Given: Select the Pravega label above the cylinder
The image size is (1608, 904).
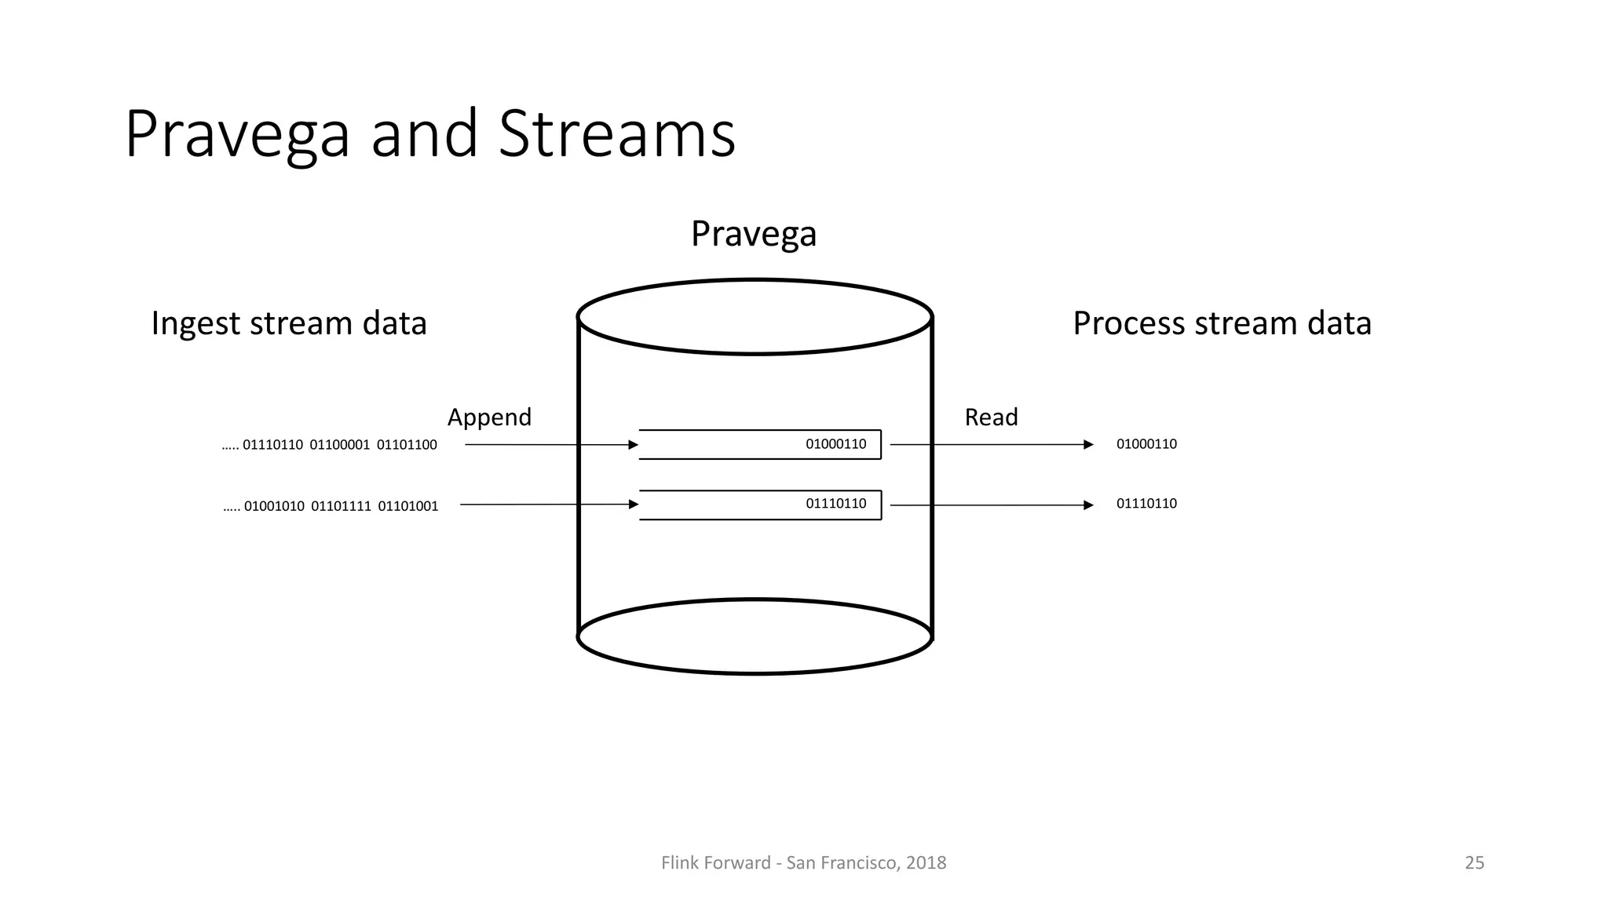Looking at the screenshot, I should [x=753, y=234].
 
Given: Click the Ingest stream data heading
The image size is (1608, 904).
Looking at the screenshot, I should [x=288, y=323].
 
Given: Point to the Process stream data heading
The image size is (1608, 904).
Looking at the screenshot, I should [x=1222, y=323].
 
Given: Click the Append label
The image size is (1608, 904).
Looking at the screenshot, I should [x=489, y=417].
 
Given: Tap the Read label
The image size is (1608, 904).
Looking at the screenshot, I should [x=991, y=417].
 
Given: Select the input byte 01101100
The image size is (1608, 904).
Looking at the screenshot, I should [x=407, y=445].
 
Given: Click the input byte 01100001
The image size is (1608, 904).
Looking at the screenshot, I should [x=339, y=445].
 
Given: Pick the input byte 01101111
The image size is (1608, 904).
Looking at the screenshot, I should [x=341, y=506].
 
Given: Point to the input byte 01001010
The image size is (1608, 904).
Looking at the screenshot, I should [x=274, y=506].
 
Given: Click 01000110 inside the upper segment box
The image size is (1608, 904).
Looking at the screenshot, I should [x=835, y=444].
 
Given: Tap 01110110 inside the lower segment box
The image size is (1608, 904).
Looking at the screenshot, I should [x=835, y=504].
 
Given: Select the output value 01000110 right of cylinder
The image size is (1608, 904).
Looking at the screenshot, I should [x=1146, y=444].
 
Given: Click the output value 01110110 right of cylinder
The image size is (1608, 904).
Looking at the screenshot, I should [x=1146, y=504].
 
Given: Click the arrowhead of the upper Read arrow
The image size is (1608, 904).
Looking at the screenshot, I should [x=1088, y=445].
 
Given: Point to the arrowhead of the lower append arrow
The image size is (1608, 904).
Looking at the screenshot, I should [x=634, y=505].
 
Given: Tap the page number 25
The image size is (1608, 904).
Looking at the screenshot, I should [x=1474, y=863].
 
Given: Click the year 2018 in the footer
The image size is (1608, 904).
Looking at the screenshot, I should [x=926, y=863].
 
